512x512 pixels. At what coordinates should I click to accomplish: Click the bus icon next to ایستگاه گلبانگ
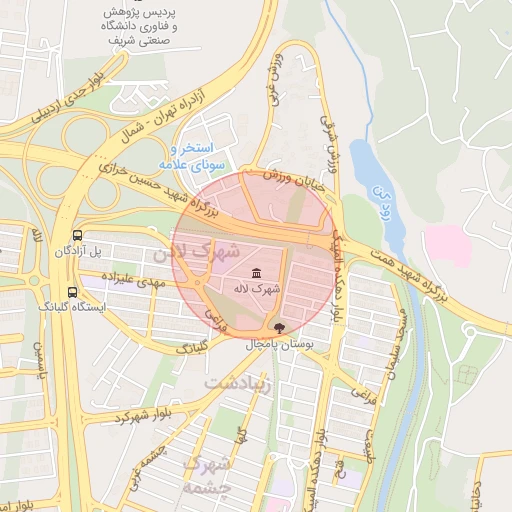pyautogui.click(x=71, y=292)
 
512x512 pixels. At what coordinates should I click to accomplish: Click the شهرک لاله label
pyautogui.click(x=258, y=288)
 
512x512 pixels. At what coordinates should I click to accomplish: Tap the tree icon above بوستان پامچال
pyautogui.click(x=279, y=328)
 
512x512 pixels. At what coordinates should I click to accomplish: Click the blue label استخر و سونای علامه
pyautogui.click(x=194, y=155)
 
